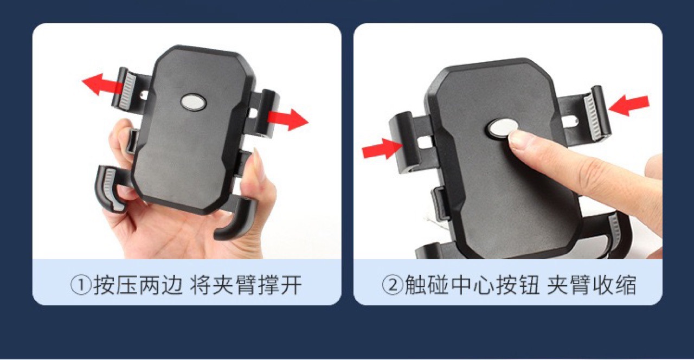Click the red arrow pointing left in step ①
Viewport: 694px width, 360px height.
click(102, 84)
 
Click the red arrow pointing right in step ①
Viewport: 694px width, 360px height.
click(288, 119)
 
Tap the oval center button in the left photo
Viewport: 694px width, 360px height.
click(194, 102)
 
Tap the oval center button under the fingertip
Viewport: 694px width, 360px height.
click(502, 127)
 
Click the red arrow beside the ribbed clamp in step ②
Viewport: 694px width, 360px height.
click(629, 105)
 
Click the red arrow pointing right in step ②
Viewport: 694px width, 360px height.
click(383, 149)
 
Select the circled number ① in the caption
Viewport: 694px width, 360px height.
click(81, 285)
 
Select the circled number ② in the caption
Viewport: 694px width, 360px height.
click(393, 285)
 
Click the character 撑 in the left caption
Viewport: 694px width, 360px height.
click(268, 285)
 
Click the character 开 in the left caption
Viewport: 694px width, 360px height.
click(291, 285)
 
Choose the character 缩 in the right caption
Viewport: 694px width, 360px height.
click(625, 285)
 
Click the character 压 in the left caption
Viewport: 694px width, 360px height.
click(127, 285)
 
